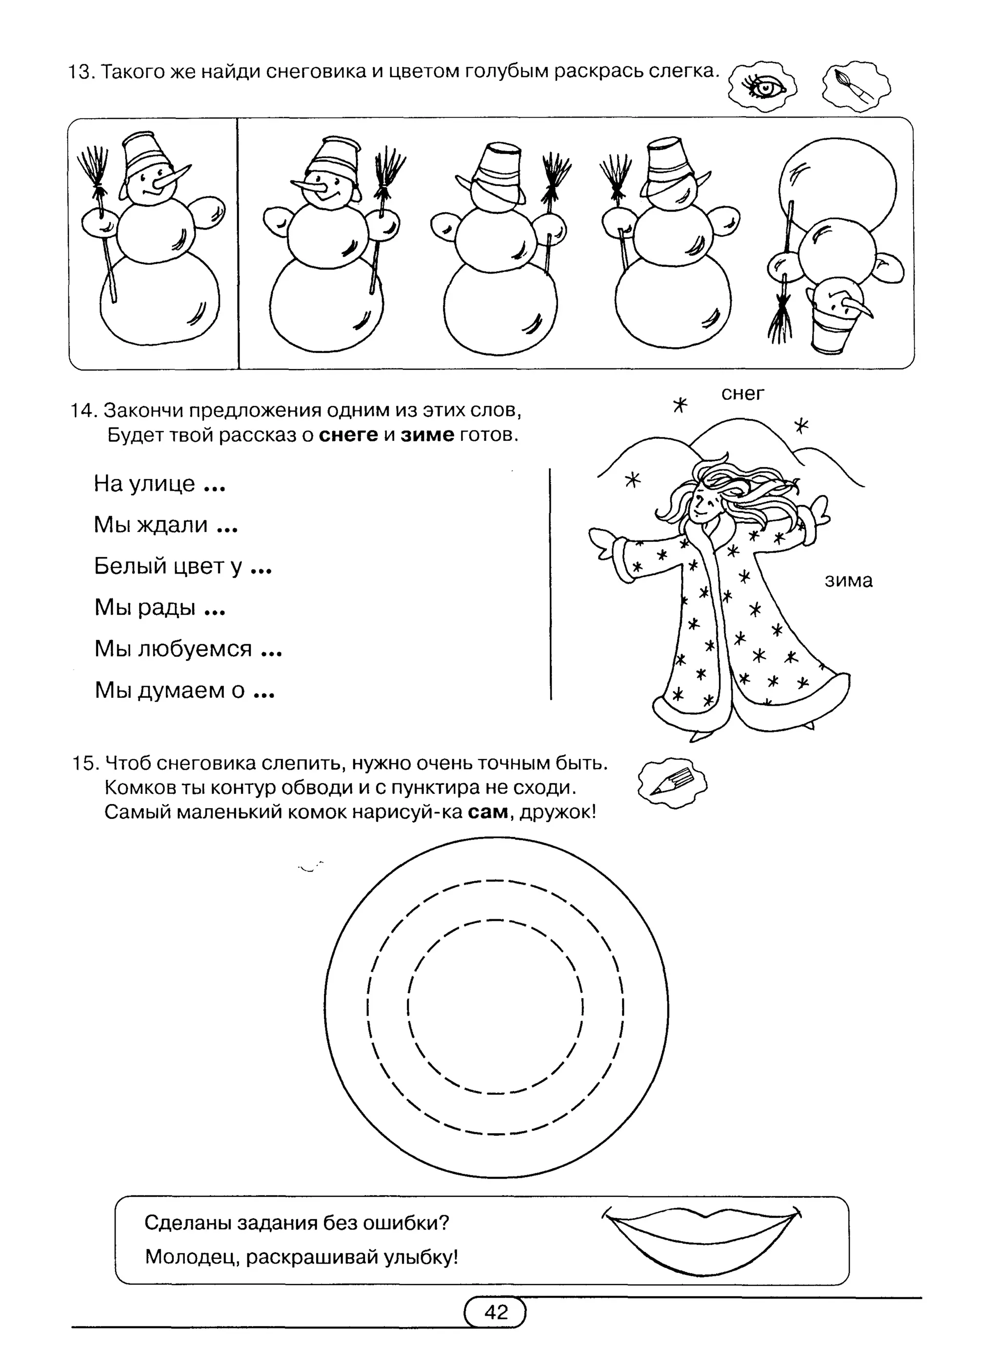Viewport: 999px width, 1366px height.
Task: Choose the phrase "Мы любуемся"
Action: pyautogui.click(x=173, y=649)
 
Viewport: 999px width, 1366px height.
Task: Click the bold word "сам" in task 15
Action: pyautogui.click(x=488, y=811)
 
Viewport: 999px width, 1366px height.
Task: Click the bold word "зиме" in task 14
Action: pyautogui.click(x=427, y=435)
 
